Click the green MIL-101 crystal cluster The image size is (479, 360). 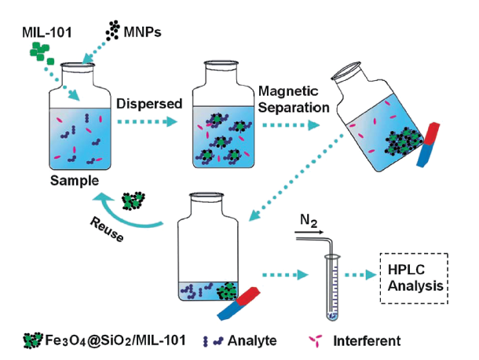click(x=42, y=53)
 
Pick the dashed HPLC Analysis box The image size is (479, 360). click(x=413, y=279)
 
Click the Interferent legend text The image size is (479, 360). click(x=365, y=341)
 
